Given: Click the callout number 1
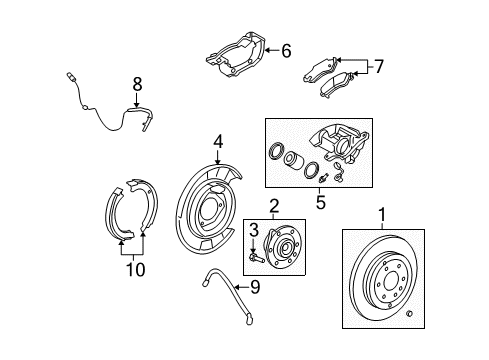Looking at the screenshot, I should pyautogui.click(x=380, y=212).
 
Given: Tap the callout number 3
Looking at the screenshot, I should pyautogui.click(x=254, y=230).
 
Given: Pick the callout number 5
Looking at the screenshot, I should pyautogui.click(x=321, y=200).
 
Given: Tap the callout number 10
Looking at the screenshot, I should pyautogui.click(x=130, y=269).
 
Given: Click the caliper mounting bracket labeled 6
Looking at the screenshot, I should pyautogui.click(x=236, y=53).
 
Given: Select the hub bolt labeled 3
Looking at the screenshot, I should pyautogui.click(x=255, y=256).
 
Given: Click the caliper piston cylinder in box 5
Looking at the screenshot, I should pyautogui.click(x=293, y=161).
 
